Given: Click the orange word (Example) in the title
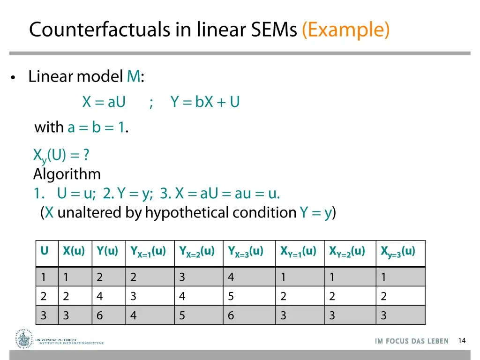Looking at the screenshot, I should click(x=346, y=30).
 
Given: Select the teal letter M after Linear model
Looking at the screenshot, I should click(x=134, y=76).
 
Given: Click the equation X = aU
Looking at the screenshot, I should click(x=104, y=102).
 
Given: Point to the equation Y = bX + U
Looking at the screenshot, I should click(x=205, y=102).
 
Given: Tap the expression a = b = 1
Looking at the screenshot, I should click(x=97, y=127).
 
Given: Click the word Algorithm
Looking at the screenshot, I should click(x=67, y=174).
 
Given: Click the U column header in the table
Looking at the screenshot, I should click(x=45, y=251).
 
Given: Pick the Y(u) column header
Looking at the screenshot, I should click(x=108, y=251).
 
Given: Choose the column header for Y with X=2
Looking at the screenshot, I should click(x=197, y=252).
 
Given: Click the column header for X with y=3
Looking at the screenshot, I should click(x=398, y=252).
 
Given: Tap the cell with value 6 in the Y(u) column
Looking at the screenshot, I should click(x=100, y=315).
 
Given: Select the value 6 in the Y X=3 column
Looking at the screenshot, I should click(x=231, y=315).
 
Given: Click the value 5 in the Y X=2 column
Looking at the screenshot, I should click(x=182, y=315).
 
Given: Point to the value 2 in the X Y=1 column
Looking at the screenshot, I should click(x=284, y=296).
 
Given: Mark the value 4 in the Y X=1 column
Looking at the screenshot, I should click(x=134, y=315).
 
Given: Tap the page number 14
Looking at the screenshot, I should click(x=462, y=341).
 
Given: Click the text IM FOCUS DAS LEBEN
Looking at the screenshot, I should click(x=412, y=341).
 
